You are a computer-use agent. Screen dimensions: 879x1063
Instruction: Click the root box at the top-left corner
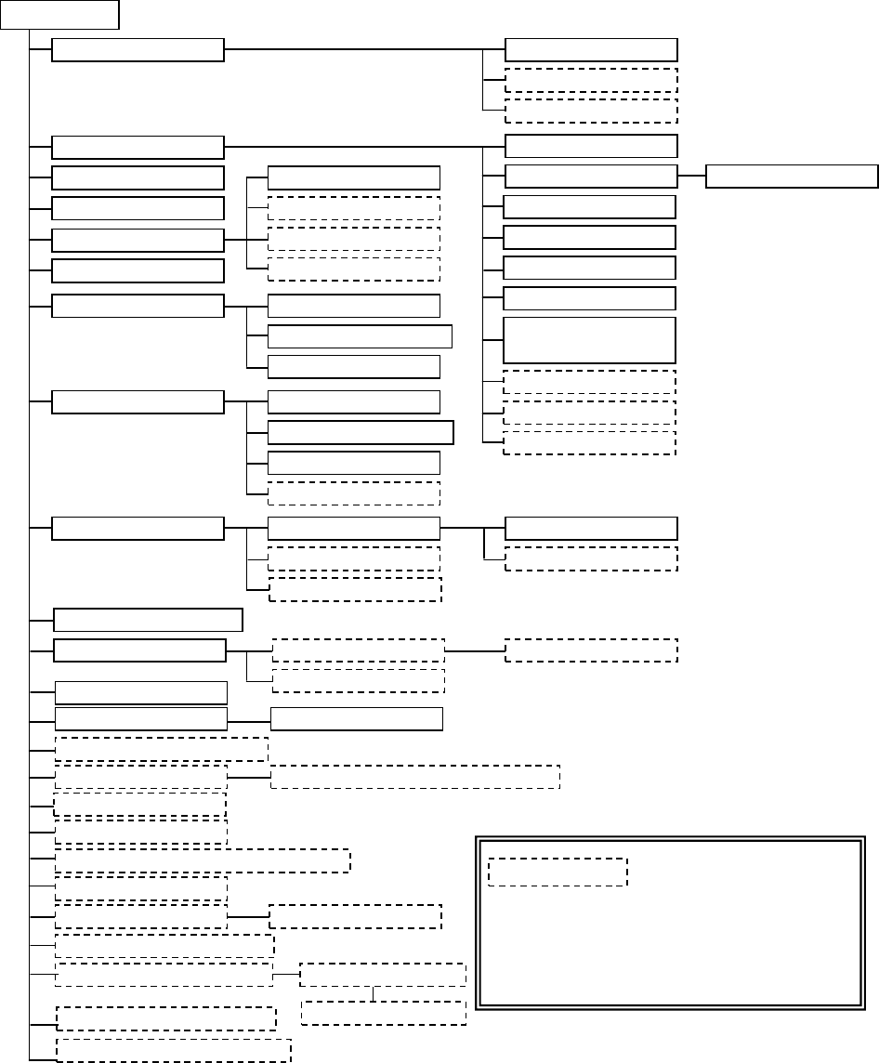[60, 14]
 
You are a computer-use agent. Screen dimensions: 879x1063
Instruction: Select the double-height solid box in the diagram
[589, 340]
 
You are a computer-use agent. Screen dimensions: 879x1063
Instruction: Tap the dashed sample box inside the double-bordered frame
[558, 872]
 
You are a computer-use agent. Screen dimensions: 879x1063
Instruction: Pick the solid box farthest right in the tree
[792, 176]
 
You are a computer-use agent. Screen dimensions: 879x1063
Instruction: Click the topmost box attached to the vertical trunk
[138, 50]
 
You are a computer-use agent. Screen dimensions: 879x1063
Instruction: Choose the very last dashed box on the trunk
[174, 1049]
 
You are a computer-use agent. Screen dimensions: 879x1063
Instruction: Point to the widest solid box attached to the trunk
[149, 620]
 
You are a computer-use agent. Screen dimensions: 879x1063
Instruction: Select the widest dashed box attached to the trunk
[203, 860]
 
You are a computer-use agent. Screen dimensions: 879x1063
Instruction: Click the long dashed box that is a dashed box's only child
[414, 777]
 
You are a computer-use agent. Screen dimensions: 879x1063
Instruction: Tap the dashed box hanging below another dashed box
[384, 1013]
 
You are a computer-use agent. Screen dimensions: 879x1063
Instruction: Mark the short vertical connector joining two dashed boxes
[374, 993]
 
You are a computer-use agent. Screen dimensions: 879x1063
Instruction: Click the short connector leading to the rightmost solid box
[691, 176]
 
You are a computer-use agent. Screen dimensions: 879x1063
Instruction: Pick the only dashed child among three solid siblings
[353, 492]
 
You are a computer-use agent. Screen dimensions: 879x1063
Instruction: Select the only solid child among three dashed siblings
[353, 177]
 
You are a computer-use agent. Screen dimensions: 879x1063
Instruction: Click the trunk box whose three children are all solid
[138, 306]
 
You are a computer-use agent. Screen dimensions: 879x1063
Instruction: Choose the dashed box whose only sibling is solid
[591, 558]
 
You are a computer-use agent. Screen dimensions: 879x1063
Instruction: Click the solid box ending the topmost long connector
[591, 50]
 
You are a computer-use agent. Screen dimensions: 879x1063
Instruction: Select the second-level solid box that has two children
[353, 529]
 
